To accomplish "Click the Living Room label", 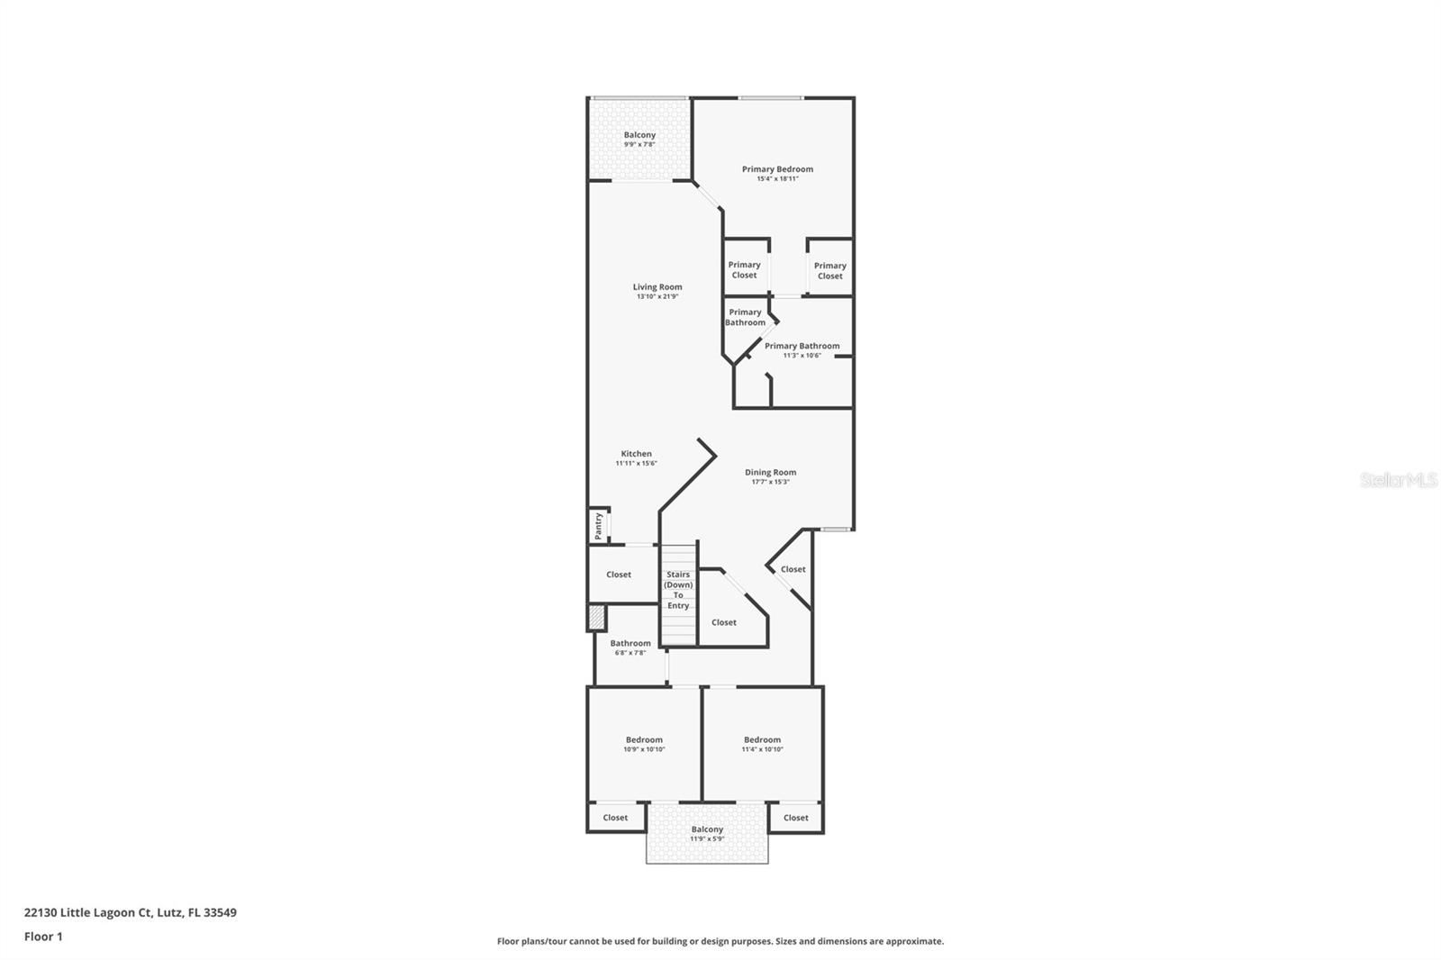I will (657, 287).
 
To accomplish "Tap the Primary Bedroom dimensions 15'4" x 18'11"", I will (777, 179).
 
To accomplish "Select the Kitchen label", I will (636, 454).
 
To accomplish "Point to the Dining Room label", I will (770, 472).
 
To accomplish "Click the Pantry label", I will (598, 526).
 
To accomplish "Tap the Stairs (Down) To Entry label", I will (678, 590).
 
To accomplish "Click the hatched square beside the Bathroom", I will (596, 618).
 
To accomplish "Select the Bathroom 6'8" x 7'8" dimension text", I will (630, 653).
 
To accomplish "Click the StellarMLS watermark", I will (1398, 481).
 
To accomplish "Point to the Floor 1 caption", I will (43, 937).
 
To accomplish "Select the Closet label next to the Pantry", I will (619, 575).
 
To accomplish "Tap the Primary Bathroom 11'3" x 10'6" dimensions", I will (802, 356).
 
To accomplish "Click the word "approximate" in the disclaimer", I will (915, 941).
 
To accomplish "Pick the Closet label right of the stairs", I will (724, 622).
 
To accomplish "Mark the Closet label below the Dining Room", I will (793, 569).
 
